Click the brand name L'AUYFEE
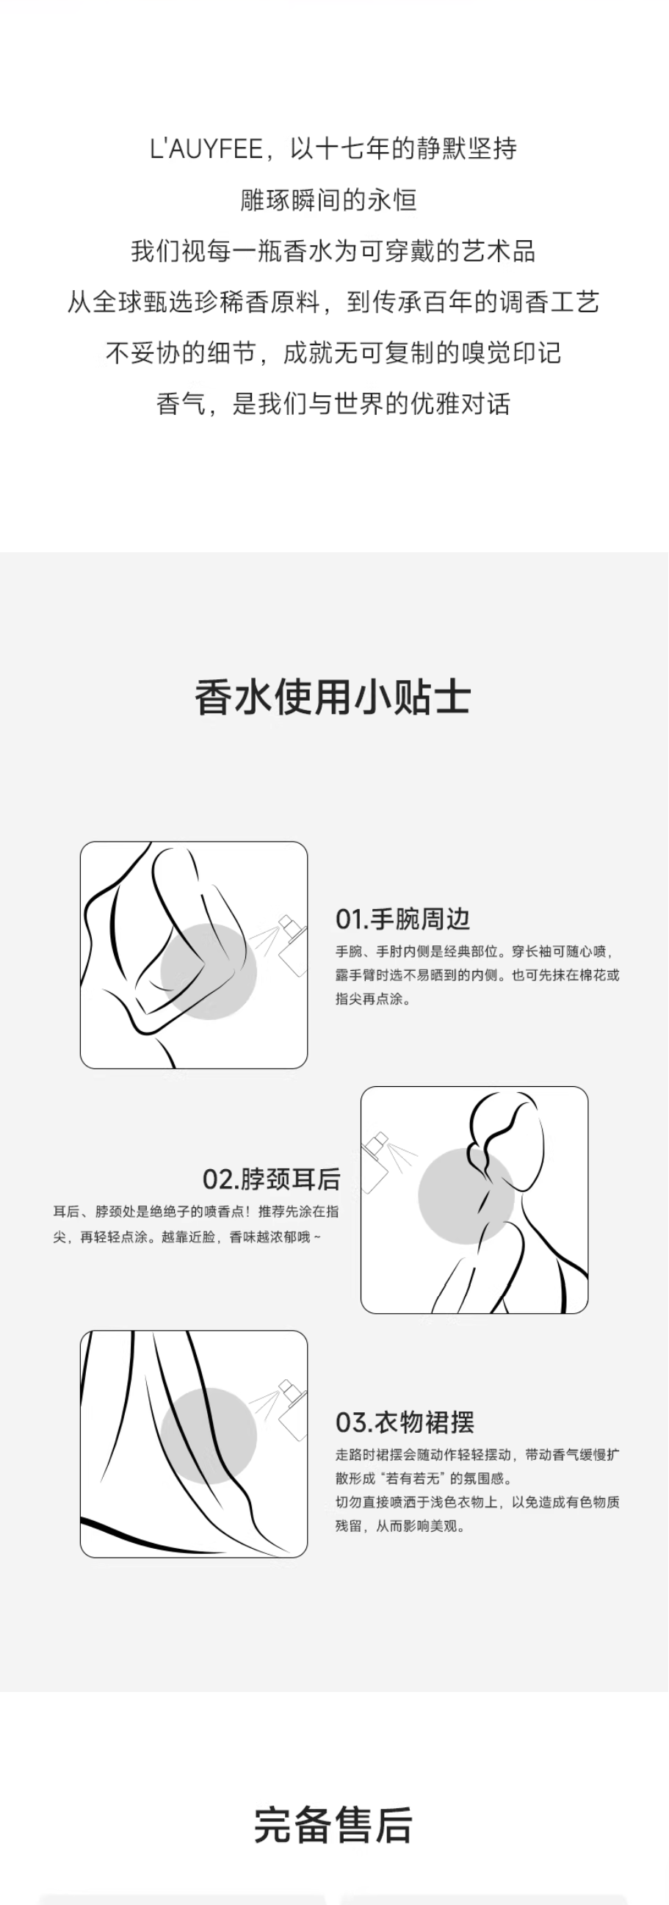coord(206,149)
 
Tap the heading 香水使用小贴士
coord(333,698)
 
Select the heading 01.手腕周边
coord(403,919)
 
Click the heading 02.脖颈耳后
coord(271,1179)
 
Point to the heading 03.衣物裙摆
coord(405,1422)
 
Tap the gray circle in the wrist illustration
coord(209,972)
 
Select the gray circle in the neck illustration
coord(466,1196)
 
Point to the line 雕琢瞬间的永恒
coord(329,200)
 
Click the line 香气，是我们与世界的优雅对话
coord(333,404)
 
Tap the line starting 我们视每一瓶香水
coord(333,251)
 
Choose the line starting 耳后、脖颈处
coord(196,1211)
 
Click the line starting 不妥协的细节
coord(333,353)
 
